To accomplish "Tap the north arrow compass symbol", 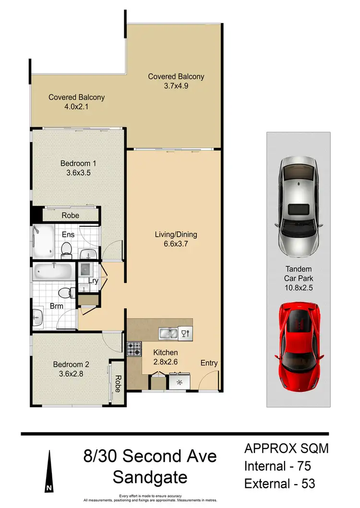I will point(48,473).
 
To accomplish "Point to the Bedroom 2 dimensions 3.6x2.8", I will point(72,373).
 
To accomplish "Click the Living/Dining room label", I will point(176,235).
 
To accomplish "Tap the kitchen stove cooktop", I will point(134,349).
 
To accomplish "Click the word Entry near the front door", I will point(209,363).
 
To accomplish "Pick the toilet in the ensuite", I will point(67,248).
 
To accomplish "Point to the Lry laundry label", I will point(93,281).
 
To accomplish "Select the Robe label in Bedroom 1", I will point(70,216).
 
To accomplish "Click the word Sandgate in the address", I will point(150,477).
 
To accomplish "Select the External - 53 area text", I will point(280,483).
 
